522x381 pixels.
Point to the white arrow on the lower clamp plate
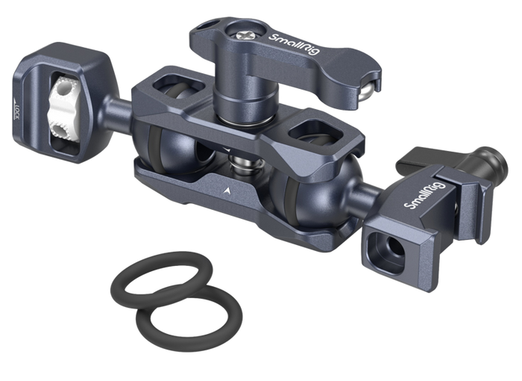tap(227, 190)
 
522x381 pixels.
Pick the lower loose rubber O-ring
tap(189, 316)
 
